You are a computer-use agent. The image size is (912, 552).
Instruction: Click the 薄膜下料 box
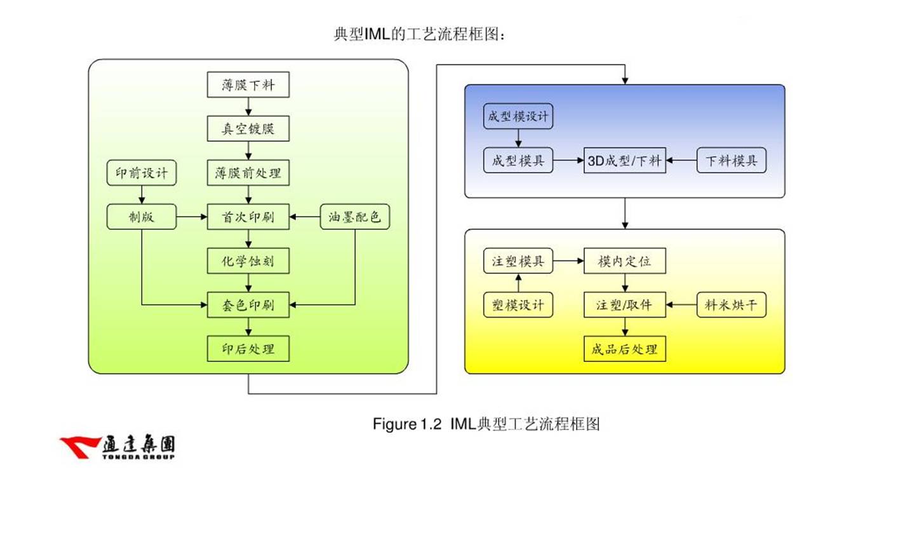248,85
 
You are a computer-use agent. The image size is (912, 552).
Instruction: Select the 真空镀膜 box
248,129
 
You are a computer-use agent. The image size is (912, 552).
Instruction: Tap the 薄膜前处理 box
248,173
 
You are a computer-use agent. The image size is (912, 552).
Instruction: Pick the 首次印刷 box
248,217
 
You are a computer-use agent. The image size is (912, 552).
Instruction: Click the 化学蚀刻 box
248,261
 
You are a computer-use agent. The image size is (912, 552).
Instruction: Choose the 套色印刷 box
248,305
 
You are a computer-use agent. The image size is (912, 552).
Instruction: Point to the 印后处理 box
248,349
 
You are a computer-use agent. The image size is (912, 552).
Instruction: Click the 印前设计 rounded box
142,173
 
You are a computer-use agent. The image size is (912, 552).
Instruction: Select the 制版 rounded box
142,217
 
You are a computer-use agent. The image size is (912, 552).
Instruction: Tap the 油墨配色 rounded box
354,217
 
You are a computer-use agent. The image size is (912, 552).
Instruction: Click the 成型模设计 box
518,116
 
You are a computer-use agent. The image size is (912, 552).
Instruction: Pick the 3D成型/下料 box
624,161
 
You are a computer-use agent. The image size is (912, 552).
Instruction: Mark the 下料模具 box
731,161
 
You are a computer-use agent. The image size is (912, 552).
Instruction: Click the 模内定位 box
624,261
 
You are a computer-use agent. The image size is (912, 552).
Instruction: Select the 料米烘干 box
731,305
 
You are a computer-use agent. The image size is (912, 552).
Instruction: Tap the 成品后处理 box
624,349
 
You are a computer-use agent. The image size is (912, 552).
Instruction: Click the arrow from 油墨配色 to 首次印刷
305,217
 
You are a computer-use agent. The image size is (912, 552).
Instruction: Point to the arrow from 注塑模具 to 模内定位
568,261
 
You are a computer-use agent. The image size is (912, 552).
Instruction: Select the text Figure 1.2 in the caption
406,424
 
